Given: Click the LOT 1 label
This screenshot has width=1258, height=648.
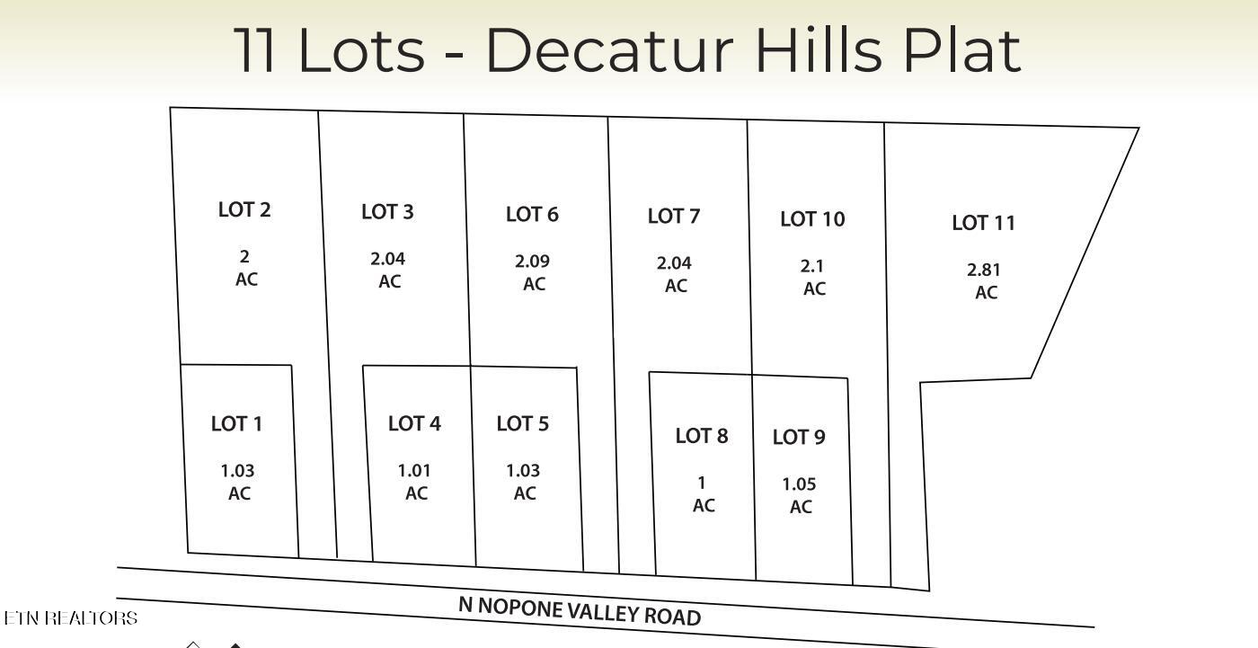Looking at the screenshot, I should click(236, 423).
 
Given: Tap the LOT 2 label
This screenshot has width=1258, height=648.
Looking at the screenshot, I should click(244, 209).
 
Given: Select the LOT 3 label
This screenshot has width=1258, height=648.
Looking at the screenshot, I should click(387, 212).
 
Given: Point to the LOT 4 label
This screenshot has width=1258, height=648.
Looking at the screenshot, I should click(414, 423).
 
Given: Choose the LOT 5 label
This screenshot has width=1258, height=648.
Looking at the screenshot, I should click(522, 423).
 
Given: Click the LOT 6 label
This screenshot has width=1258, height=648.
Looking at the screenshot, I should click(532, 214).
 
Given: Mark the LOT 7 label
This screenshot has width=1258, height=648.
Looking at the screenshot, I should click(674, 216).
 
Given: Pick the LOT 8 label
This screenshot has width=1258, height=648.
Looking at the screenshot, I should click(702, 436).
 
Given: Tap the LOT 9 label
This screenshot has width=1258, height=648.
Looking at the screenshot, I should click(799, 437).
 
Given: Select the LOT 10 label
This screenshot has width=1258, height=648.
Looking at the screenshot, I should click(812, 218).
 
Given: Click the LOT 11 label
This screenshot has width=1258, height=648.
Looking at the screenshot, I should click(983, 223).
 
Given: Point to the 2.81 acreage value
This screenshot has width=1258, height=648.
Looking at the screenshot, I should click(984, 270).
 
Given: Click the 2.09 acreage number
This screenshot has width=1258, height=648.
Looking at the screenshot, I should click(532, 261).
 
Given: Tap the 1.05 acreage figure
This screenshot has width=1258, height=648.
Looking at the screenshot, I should click(799, 484).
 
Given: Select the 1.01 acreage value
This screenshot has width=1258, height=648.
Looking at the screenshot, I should click(415, 471).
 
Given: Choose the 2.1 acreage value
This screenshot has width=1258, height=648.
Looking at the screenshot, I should click(812, 266).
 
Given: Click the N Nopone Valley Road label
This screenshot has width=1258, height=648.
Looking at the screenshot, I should click(580, 611).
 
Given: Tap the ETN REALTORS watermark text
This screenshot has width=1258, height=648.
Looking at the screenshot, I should click(70, 618).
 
